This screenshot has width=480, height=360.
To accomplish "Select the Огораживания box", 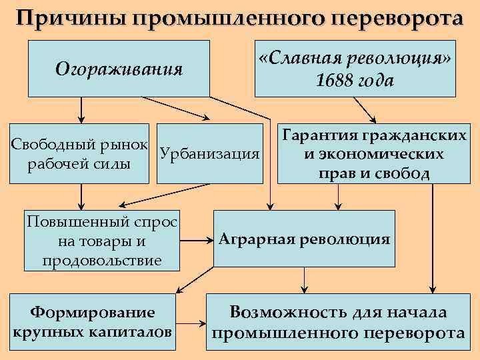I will click(x=119, y=68).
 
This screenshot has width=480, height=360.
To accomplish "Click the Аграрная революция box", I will click(x=304, y=239).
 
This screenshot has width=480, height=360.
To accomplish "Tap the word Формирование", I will click(x=93, y=311).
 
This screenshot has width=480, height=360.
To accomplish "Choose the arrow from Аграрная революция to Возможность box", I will click(x=304, y=280).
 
